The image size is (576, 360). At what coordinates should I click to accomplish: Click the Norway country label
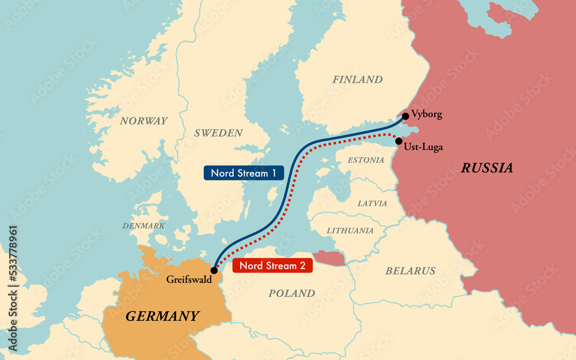point(144,121)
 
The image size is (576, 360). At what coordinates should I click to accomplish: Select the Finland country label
point(357,79)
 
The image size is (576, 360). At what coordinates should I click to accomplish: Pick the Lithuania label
point(350,230)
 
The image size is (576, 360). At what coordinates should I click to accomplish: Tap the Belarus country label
point(411,271)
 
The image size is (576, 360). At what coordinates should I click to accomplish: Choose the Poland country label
point(292,293)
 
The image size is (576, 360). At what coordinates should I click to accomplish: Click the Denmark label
point(143,226)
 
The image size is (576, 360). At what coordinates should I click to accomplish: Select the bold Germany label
point(162,316)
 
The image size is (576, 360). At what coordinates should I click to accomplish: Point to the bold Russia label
point(487,168)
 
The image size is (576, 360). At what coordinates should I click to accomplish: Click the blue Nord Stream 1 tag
point(244,173)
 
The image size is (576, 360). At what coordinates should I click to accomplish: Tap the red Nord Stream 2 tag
point(272,266)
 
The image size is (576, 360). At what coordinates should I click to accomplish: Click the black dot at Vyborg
point(406,116)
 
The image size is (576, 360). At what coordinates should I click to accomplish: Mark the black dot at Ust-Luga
point(399,141)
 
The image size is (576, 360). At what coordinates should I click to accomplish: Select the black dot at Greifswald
point(214,270)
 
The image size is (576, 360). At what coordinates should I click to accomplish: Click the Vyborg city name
point(427,115)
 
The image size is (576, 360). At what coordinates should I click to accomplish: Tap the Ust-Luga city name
point(423,147)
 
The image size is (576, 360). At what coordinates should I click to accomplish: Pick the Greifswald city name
point(190,280)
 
